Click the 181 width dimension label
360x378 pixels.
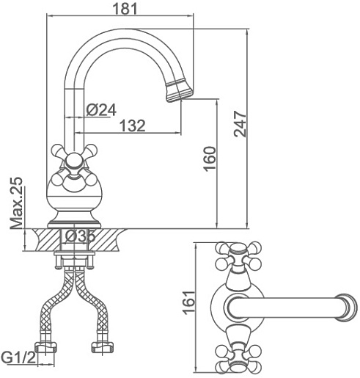pos(125,9)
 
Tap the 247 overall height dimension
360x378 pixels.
pos(240,124)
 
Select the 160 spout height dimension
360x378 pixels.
pos(210,159)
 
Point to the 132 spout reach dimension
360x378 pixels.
pos(133,126)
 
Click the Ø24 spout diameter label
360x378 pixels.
pos(101,110)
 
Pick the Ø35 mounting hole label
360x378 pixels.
pos(80,236)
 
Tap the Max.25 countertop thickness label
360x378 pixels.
pos(17,203)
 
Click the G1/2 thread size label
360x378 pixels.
pos(18,358)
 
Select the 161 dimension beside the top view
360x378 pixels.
pos(189,302)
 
